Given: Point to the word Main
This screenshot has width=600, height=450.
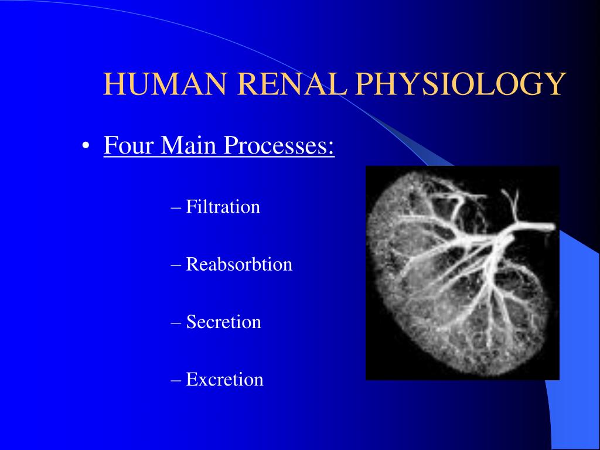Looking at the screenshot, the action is coord(189,145).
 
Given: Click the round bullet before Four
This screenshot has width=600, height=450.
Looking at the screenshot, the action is coord(86,146).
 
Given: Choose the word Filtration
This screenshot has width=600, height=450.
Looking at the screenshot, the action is coord(223,207).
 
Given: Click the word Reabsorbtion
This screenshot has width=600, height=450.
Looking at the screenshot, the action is coord(239,264).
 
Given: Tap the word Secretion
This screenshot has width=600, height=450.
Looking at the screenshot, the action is coord(223,322).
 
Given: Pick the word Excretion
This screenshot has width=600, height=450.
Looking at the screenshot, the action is coord(224,379).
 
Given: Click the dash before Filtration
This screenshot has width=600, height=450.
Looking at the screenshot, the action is coord(176,209).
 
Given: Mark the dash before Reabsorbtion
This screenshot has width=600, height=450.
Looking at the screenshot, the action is coord(176,266).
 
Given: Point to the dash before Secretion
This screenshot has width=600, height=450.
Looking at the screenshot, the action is coord(176,323).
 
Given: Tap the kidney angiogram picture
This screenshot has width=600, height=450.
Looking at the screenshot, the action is coord(463,273).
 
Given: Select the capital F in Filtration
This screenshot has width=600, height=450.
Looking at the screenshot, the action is coord(191,207).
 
